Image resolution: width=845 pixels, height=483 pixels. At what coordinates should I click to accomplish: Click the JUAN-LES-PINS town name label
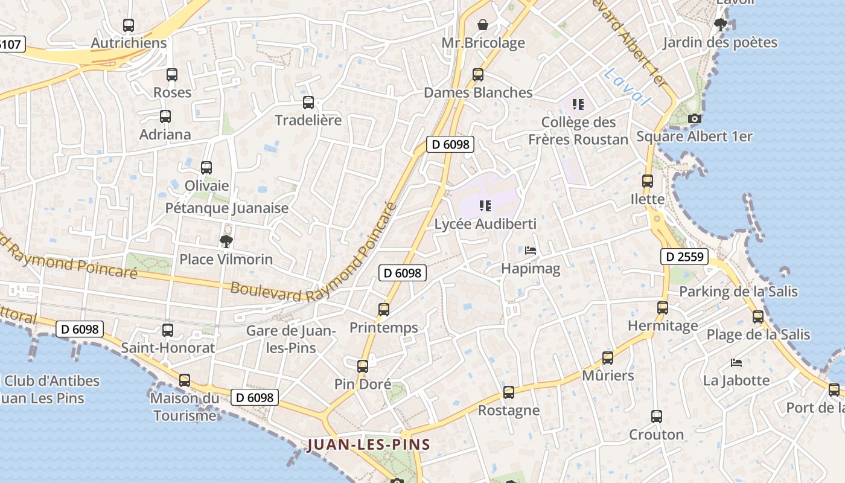click(368, 445)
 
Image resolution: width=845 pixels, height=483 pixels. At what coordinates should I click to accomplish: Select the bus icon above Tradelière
click(308, 103)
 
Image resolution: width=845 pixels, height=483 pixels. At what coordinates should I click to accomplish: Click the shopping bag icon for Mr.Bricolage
click(483, 25)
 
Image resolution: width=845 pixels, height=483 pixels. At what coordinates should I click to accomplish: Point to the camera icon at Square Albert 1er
click(695, 119)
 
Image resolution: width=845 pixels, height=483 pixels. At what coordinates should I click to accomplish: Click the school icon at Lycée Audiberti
click(485, 206)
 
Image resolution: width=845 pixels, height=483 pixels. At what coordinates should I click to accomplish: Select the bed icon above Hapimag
click(531, 251)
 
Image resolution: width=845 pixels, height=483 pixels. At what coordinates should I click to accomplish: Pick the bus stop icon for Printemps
click(384, 310)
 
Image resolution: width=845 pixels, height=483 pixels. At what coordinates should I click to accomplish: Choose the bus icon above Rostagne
click(509, 392)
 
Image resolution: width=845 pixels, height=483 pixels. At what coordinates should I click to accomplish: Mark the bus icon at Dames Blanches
click(478, 75)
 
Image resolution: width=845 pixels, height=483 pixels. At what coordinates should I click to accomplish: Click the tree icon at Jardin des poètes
click(720, 25)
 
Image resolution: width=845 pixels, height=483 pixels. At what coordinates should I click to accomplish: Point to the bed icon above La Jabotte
click(736, 363)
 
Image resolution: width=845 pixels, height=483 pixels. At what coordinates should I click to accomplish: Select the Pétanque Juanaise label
click(227, 208)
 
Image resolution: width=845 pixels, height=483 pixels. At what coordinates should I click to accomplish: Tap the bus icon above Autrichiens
click(129, 25)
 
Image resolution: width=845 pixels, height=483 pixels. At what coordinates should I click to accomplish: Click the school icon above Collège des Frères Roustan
click(578, 104)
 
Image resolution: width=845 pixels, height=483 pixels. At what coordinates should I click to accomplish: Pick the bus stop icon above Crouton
click(657, 417)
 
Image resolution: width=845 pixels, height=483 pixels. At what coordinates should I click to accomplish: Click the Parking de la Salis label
click(738, 292)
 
